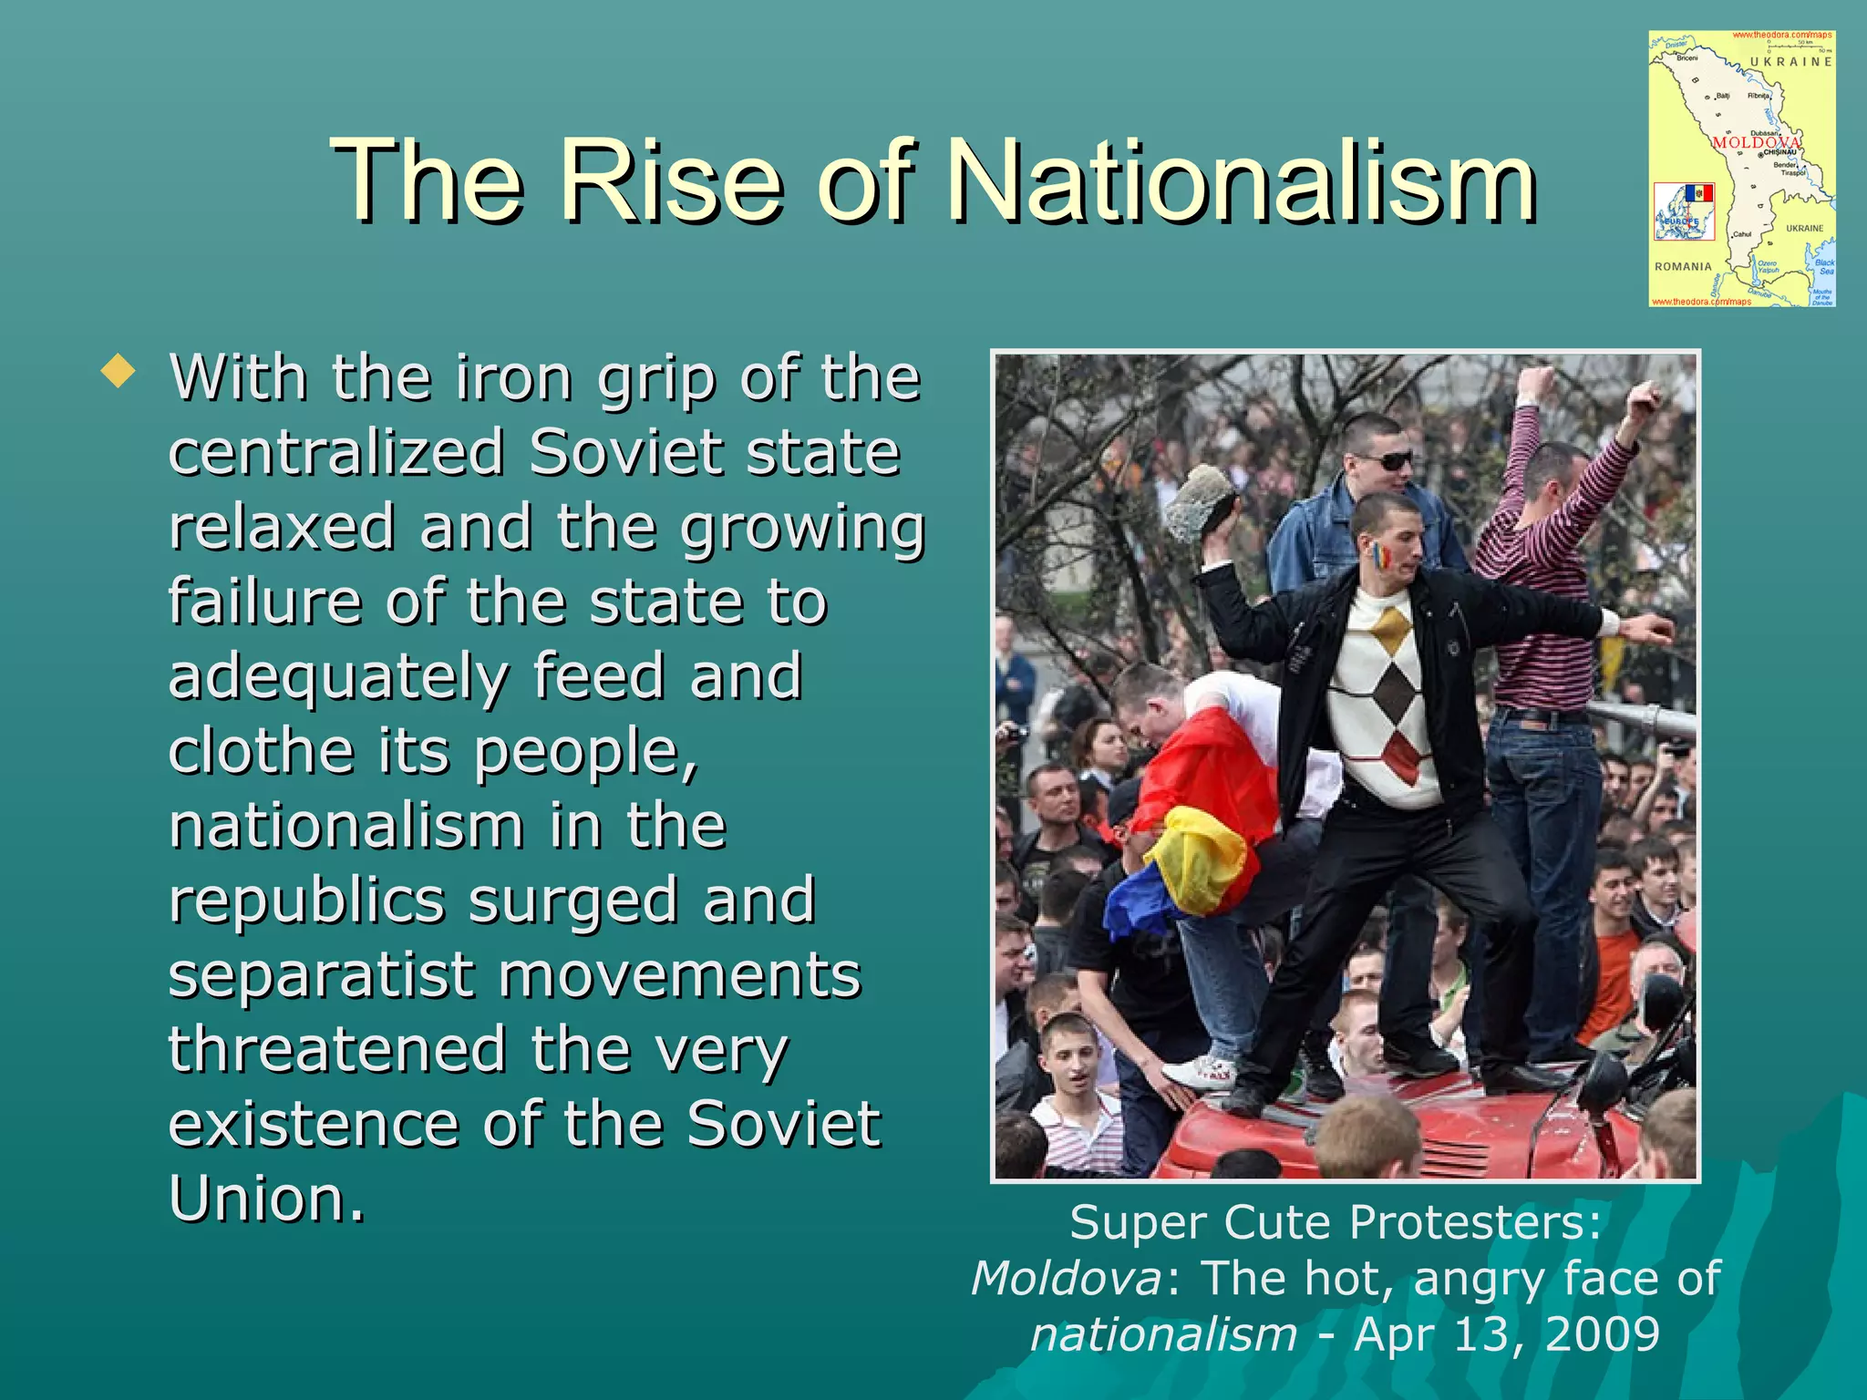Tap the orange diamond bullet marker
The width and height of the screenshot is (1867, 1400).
pyautogui.click(x=119, y=372)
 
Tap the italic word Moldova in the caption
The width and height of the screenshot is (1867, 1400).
pyautogui.click(x=1066, y=1278)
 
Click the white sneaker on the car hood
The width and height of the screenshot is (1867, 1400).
pyautogui.click(x=1202, y=1071)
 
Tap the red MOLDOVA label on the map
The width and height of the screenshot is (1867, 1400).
pyautogui.click(x=1755, y=143)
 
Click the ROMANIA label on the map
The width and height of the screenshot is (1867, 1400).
pyautogui.click(x=1683, y=267)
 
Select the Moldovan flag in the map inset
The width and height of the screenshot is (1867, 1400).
pyautogui.click(x=1698, y=193)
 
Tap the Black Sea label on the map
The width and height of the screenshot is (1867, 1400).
pyautogui.click(x=1824, y=266)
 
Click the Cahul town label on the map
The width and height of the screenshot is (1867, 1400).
pyautogui.click(x=1742, y=234)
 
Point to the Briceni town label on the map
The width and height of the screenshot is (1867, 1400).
pyautogui.click(x=1687, y=58)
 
